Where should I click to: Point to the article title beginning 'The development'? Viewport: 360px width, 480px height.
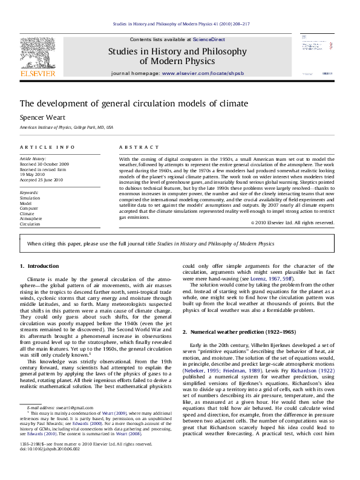(x=125, y=103)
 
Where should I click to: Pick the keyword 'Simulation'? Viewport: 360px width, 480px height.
(x=30, y=198)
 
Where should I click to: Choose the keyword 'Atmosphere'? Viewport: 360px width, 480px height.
(x=31, y=218)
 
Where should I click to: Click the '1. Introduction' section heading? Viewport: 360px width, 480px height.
(x=39, y=266)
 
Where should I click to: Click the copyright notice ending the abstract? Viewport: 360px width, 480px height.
(x=292, y=222)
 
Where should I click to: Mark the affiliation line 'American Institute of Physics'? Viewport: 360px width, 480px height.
(x=67, y=128)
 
